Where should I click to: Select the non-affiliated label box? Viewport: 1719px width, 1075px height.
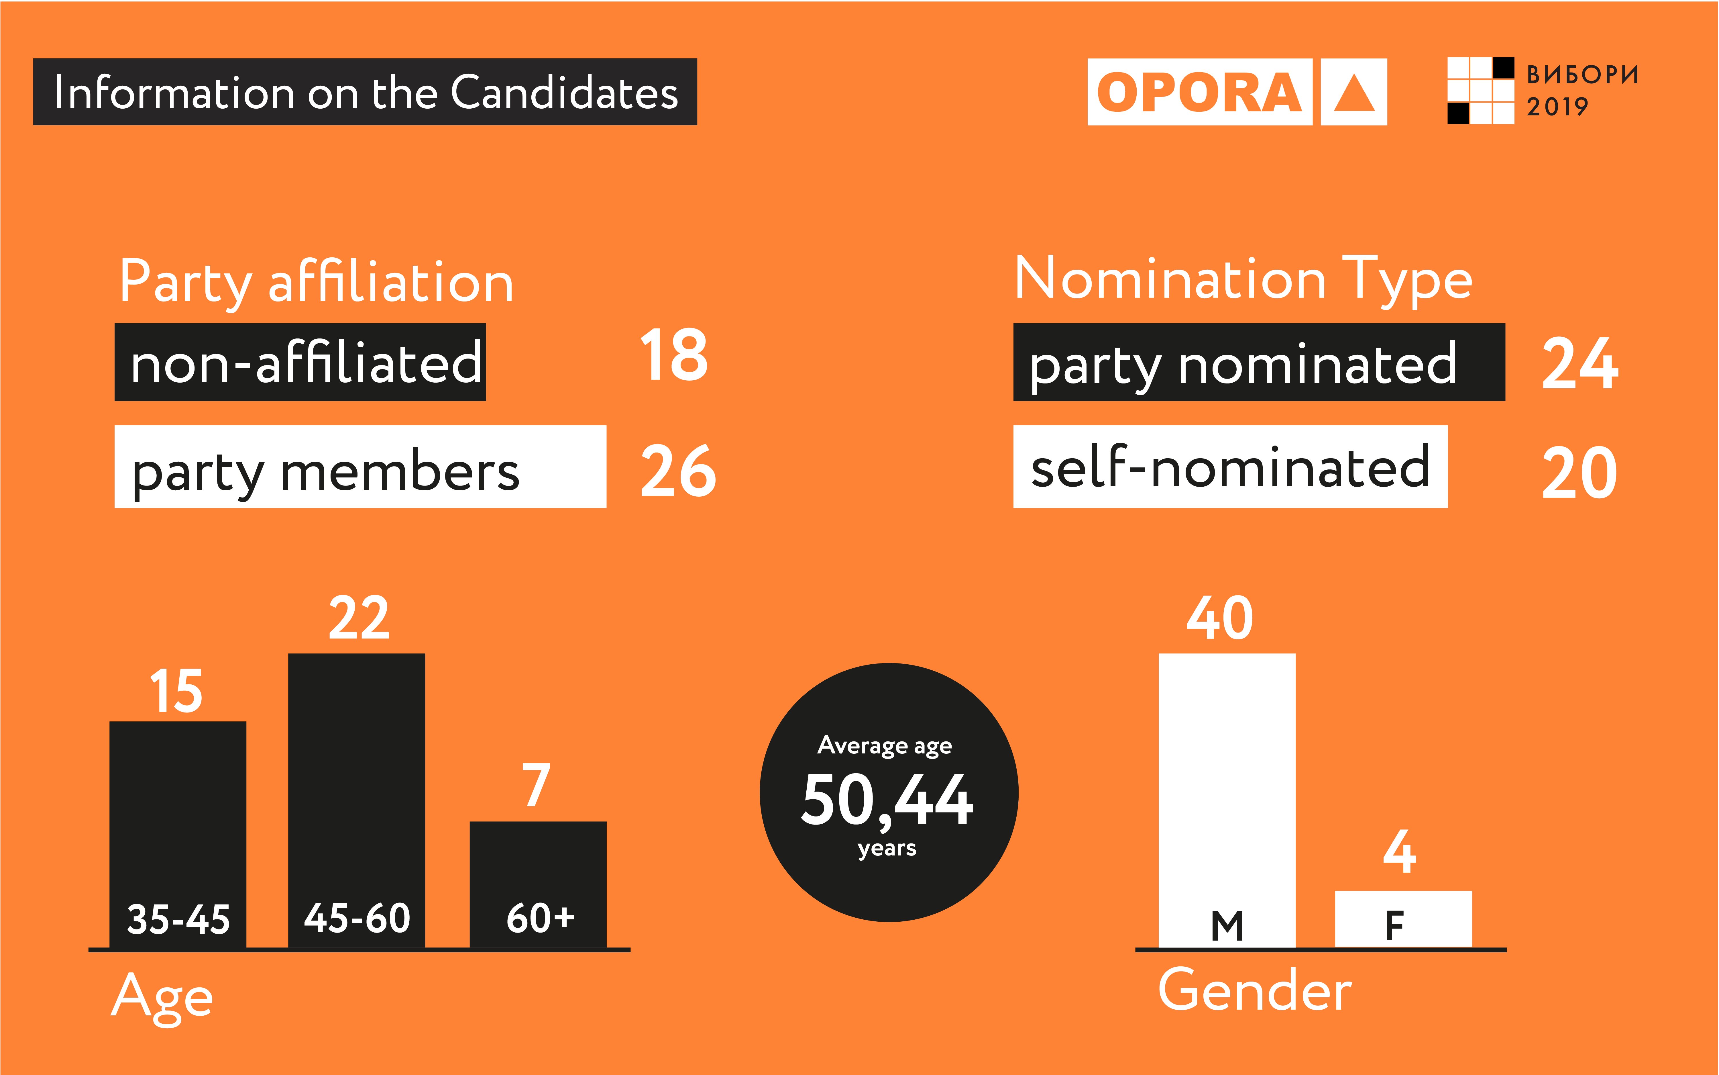(x=300, y=363)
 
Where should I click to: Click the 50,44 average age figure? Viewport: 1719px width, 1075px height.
(x=887, y=800)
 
